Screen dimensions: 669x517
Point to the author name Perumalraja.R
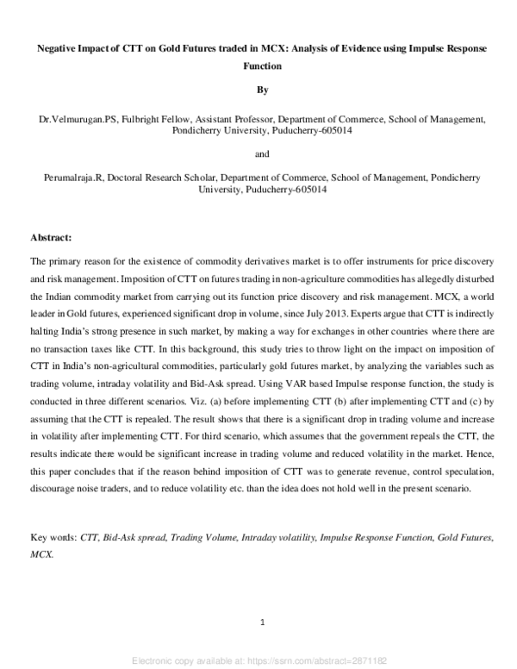point(68,177)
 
